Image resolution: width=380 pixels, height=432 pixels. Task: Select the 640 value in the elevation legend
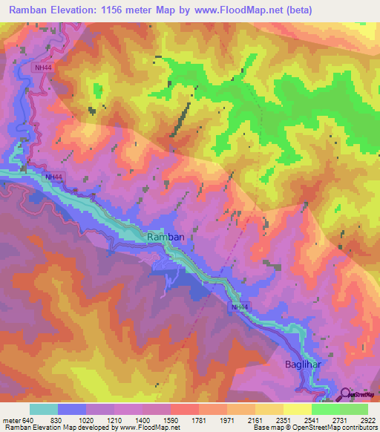pos(28,420)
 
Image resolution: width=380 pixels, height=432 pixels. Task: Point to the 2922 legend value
pos(367,420)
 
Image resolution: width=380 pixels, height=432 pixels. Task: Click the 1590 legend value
pos(170,420)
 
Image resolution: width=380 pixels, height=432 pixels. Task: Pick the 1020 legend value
pos(85,420)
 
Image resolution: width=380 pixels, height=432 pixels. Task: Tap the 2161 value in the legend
pos(255,420)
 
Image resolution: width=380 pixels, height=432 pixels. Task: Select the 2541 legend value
pos(311,420)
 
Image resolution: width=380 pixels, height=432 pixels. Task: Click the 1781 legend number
pos(198,420)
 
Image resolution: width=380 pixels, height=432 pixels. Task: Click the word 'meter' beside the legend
pos(11,420)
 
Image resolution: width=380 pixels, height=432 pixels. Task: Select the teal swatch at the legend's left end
pos(43,409)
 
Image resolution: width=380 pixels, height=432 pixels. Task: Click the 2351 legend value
pos(283,420)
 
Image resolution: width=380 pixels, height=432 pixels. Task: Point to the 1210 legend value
pos(114,420)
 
